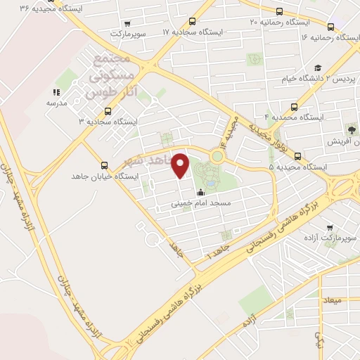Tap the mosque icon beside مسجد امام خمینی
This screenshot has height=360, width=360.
click(x=200, y=193)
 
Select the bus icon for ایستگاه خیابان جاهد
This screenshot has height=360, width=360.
click(x=105, y=166)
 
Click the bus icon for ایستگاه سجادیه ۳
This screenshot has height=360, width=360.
click(x=108, y=110)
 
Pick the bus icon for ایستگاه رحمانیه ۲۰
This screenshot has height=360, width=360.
click(x=280, y=11)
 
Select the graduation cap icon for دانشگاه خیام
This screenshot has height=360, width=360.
click(x=319, y=67)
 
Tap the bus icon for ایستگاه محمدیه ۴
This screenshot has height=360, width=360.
click(x=293, y=108)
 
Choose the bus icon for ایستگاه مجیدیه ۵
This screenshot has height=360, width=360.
click(x=298, y=156)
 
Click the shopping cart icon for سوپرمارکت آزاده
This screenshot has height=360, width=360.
click(x=330, y=228)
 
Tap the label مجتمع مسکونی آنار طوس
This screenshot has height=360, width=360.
click(x=108, y=74)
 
